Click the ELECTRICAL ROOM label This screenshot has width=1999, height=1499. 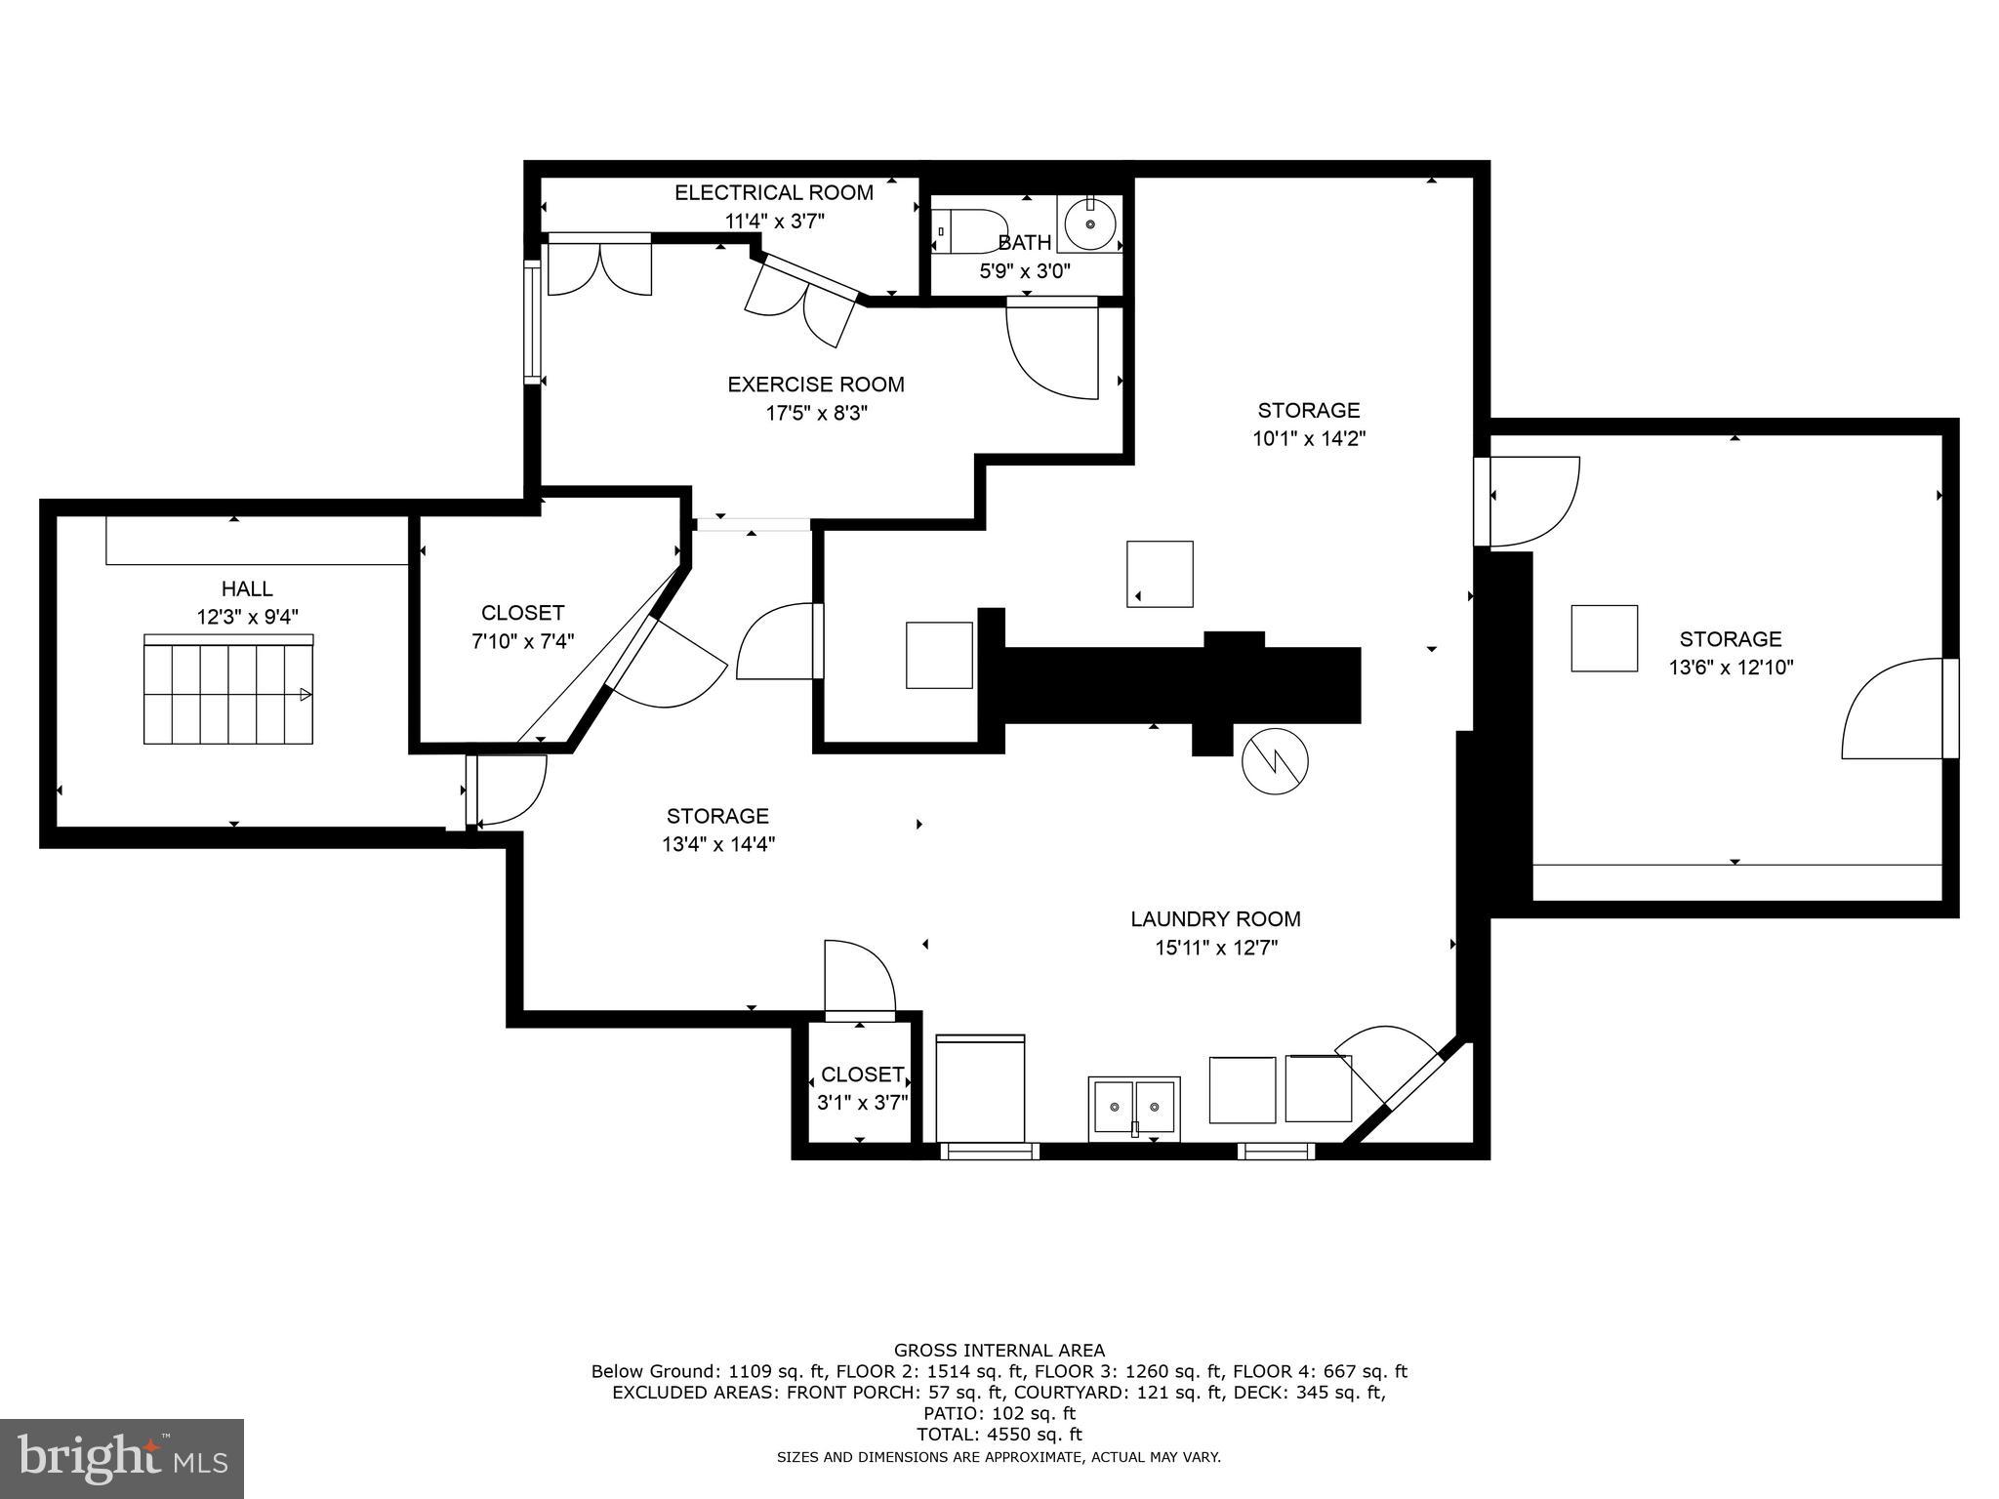click(774, 193)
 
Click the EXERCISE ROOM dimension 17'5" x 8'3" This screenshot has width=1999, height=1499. click(816, 414)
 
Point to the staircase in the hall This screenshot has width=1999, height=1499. click(228, 690)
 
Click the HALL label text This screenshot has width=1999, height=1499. click(247, 588)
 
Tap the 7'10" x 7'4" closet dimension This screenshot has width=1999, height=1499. click(522, 641)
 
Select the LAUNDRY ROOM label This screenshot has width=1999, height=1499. click(1215, 919)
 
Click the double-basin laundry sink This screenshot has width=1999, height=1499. click(1134, 1108)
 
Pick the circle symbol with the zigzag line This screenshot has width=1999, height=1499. click(1275, 761)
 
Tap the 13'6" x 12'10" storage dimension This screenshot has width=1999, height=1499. click(1730, 668)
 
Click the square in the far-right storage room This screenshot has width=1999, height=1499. click(1604, 638)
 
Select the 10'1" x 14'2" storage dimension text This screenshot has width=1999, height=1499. click(1308, 439)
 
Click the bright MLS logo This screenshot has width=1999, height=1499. click(122, 1459)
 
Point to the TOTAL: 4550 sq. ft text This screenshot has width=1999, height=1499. click(999, 1435)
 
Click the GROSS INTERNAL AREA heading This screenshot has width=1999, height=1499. click(999, 1351)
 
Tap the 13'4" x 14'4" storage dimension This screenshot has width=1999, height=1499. click(717, 844)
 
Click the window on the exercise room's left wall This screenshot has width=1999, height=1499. click(532, 323)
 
